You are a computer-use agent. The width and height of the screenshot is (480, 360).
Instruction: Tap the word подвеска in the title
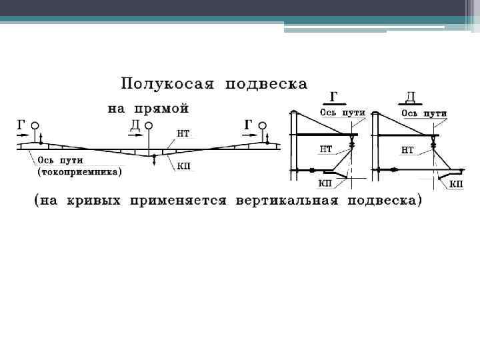click(x=266, y=84)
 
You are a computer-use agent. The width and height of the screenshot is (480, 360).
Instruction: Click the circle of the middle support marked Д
click(x=149, y=125)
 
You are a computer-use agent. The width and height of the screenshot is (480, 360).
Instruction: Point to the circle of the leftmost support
click(x=35, y=125)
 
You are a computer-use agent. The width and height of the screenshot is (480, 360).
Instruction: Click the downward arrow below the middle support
click(x=154, y=159)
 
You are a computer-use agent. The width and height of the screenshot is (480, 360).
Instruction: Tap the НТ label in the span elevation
click(x=183, y=133)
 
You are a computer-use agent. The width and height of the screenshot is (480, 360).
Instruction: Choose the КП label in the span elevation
click(x=185, y=165)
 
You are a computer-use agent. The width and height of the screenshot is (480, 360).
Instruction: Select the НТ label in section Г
click(x=326, y=149)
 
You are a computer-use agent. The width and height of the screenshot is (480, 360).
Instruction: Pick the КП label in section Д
click(x=456, y=184)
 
